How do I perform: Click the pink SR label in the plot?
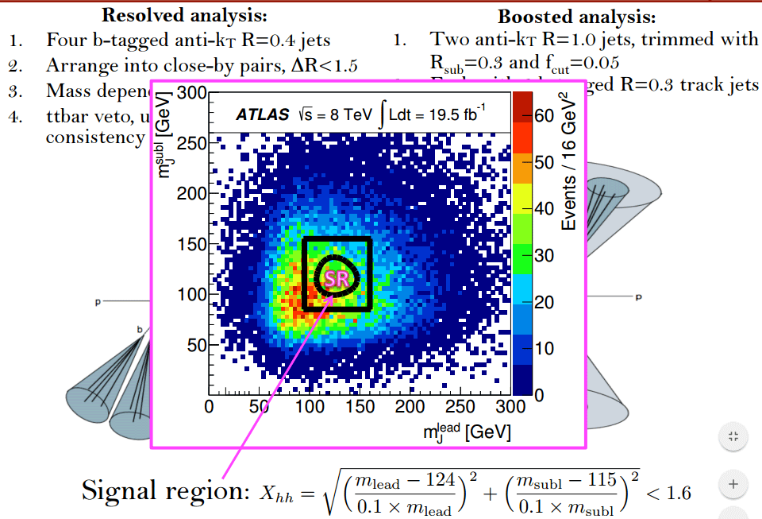(x=337, y=278)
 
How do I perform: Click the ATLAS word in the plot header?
(x=262, y=115)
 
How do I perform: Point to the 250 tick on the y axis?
(x=192, y=143)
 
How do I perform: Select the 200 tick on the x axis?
(x=410, y=406)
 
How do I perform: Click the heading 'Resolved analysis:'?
(x=184, y=15)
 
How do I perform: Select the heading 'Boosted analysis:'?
(x=576, y=17)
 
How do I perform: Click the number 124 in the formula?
(x=439, y=480)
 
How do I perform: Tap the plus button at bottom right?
(x=733, y=483)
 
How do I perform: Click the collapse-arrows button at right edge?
(x=733, y=436)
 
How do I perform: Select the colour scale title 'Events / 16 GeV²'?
(x=568, y=160)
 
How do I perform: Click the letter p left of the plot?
(x=98, y=303)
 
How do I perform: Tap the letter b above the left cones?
(x=140, y=328)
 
